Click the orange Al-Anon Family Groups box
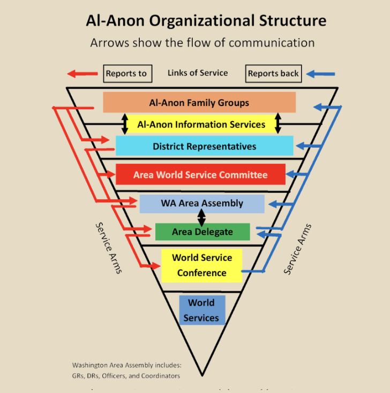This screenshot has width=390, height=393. (199, 102)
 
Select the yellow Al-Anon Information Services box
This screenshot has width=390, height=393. (201, 124)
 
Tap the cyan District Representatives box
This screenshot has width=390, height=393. (204, 146)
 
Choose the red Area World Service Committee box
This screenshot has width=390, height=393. (200, 175)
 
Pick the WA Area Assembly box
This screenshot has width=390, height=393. (202, 203)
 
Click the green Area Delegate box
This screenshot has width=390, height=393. (202, 232)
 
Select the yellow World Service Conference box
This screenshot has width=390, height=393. (201, 265)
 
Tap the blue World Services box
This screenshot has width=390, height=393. (201, 310)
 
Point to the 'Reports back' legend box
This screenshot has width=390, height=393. (273, 73)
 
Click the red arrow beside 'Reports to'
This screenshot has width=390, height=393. (82, 73)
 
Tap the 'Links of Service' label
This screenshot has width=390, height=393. (198, 73)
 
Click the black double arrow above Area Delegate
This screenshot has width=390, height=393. (202, 217)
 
